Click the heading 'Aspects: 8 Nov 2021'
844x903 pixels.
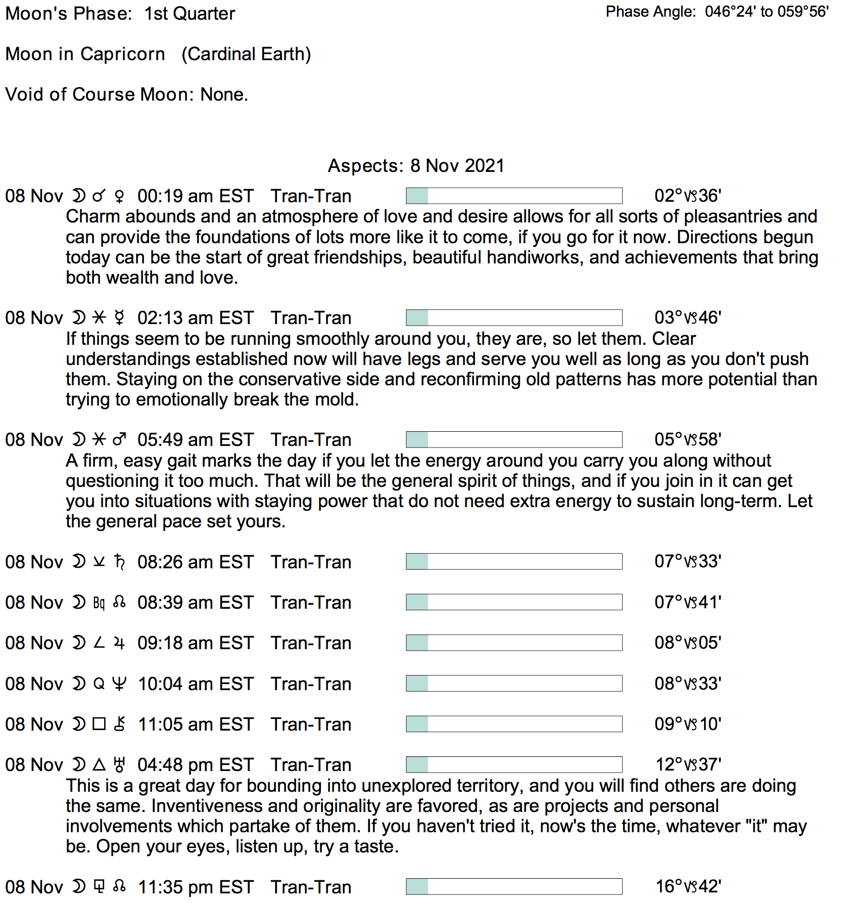[x=416, y=166]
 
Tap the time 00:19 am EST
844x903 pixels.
[x=195, y=196]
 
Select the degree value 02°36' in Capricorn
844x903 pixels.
[x=687, y=196]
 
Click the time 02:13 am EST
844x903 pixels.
[x=195, y=318]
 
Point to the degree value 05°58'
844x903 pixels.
[x=687, y=439]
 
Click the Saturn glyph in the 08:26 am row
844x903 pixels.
[x=119, y=562]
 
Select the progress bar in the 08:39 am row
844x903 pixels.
[x=514, y=602]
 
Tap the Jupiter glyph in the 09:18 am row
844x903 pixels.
[x=119, y=643]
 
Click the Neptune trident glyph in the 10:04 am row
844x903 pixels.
[x=119, y=684]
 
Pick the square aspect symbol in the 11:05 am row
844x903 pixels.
[x=99, y=724]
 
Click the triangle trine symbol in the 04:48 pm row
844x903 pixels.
[x=99, y=764]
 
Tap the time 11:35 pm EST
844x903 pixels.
[x=195, y=887]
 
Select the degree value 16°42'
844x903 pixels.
[x=688, y=886]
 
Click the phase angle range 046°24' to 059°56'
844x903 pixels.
[x=767, y=12]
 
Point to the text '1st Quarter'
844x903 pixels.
[x=190, y=14]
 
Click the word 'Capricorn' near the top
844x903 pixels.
[x=122, y=54]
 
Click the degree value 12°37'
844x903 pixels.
[x=688, y=764]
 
